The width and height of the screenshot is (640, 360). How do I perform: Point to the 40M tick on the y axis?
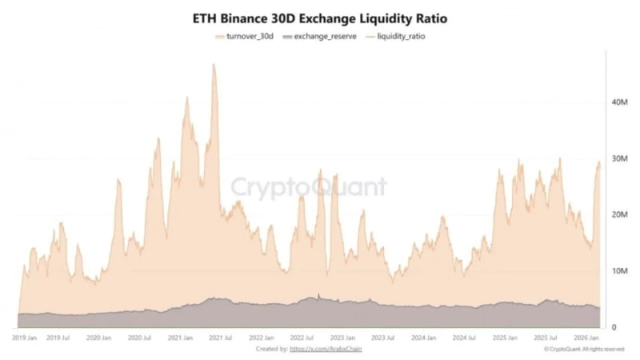(x=618, y=102)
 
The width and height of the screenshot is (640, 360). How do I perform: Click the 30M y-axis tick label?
(x=618, y=158)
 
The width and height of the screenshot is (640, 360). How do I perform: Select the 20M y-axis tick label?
(x=618, y=214)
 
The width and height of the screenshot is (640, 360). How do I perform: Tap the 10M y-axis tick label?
(x=618, y=271)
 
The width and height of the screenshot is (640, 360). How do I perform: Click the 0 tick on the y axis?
(x=614, y=327)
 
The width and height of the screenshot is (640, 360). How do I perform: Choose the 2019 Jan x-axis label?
(x=25, y=338)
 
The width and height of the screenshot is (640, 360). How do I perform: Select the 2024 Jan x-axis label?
(x=425, y=338)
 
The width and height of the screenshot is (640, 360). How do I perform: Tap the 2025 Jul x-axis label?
(x=546, y=338)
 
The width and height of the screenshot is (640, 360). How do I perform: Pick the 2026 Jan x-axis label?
(x=586, y=338)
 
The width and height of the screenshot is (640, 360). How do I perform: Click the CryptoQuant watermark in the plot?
(x=309, y=187)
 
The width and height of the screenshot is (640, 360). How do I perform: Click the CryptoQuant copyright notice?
(x=582, y=350)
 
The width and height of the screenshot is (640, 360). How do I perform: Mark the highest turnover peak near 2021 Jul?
(x=214, y=65)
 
